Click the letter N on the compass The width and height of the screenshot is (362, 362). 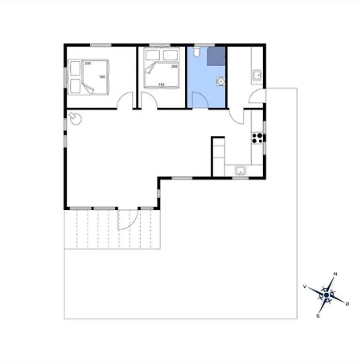335,275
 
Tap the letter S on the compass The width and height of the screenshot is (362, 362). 319,315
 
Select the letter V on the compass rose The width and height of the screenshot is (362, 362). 305,286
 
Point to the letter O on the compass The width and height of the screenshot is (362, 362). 347,305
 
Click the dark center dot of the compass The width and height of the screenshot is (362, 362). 327,295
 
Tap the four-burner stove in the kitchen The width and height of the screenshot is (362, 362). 257,137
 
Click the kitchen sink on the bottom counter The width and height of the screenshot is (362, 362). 240,170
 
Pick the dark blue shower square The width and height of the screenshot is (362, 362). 216,56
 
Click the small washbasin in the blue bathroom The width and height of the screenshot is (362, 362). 218,80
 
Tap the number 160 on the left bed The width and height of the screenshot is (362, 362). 102,77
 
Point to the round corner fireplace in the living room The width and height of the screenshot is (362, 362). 75,118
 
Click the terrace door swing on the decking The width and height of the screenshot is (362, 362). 125,220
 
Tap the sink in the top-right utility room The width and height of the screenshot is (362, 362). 257,76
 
